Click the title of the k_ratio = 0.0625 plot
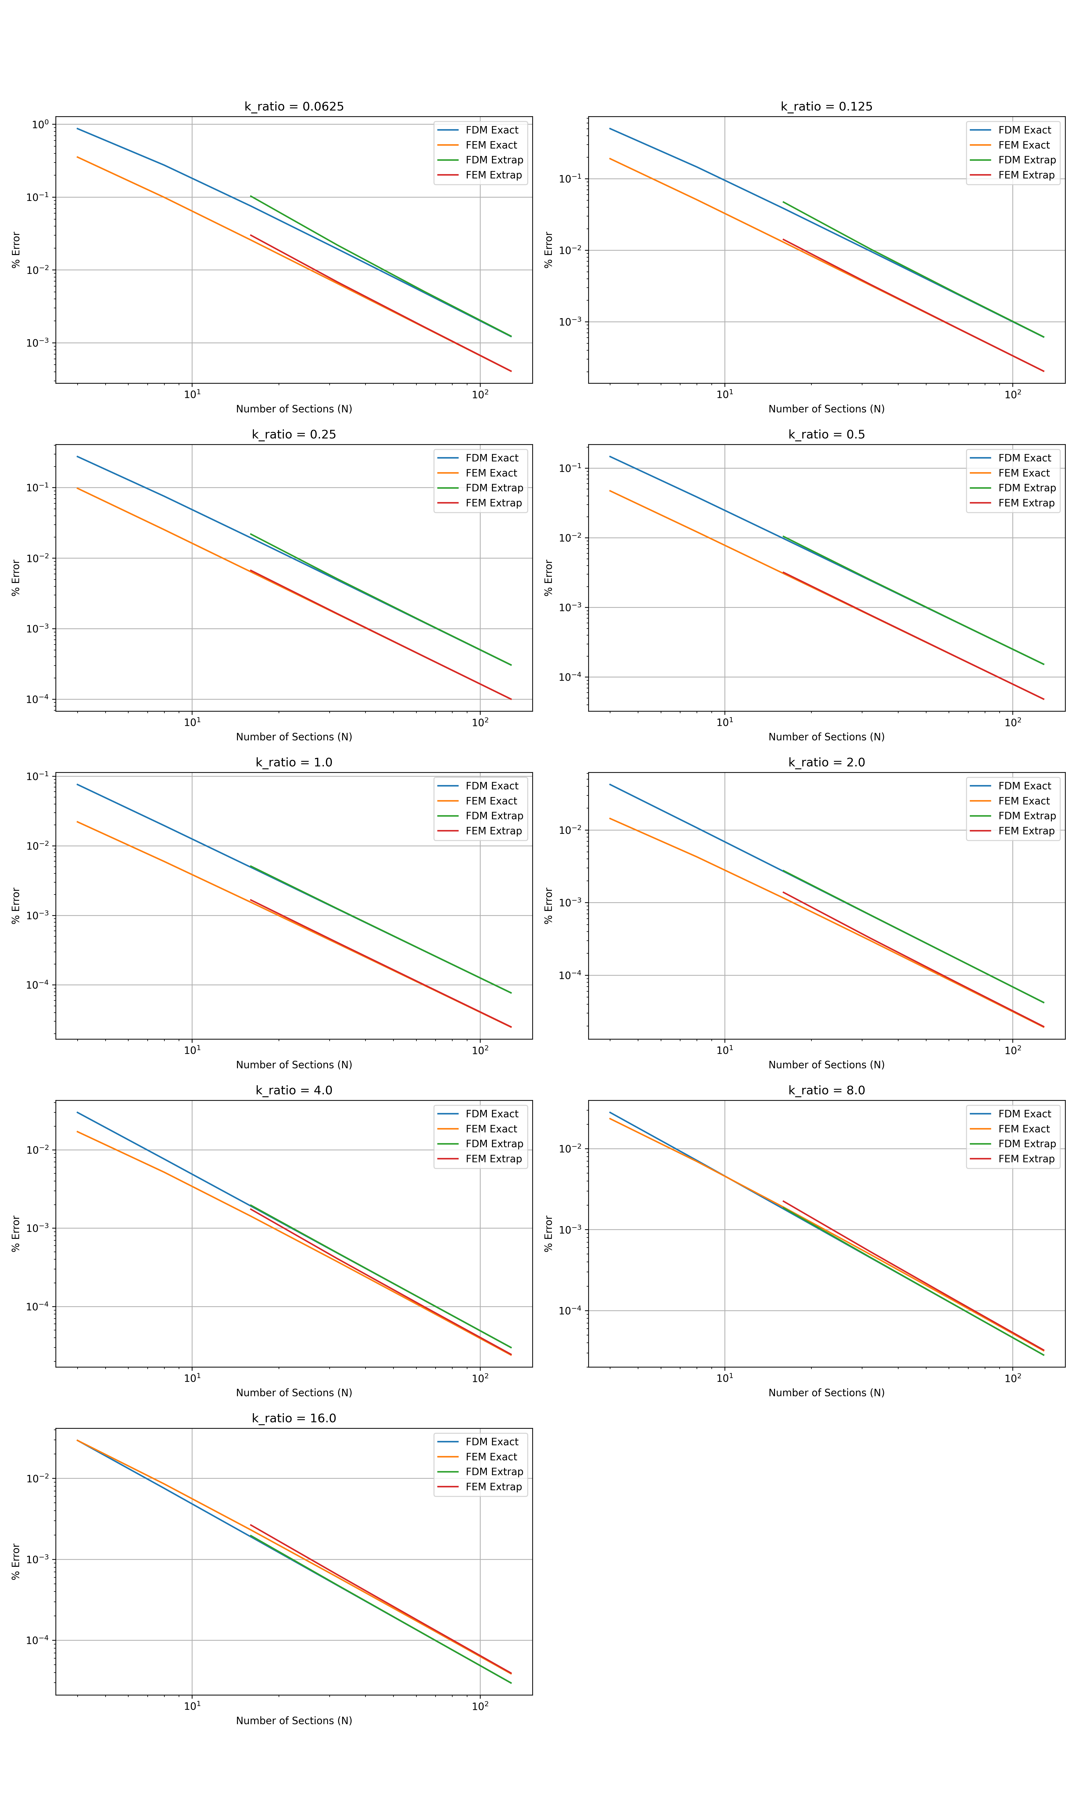coord(294,107)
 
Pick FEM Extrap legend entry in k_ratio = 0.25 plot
coord(493,503)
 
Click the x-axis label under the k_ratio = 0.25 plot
coord(294,737)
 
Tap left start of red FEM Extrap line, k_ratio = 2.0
coord(783,893)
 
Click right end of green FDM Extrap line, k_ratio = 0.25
coord(511,665)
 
